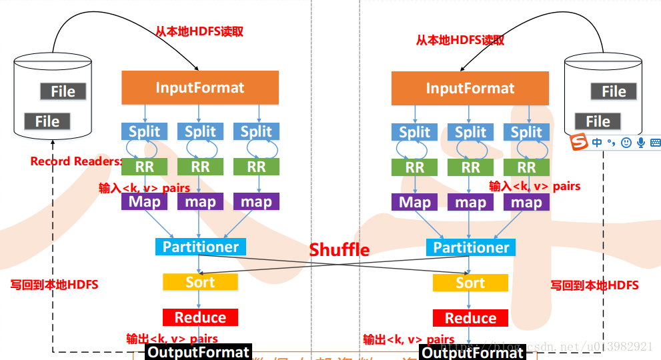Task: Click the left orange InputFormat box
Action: point(200,87)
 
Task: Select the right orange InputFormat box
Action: point(470,89)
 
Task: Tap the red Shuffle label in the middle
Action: point(339,250)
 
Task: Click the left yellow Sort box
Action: point(200,282)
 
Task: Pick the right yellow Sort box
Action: point(470,283)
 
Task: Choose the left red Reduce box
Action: point(200,317)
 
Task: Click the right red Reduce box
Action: point(470,318)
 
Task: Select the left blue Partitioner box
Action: point(200,247)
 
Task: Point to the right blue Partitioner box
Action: point(471,247)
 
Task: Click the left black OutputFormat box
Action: point(198,352)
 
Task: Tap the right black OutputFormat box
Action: point(473,353)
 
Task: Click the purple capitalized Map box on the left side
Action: point(144,201)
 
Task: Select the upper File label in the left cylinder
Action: point(63,91)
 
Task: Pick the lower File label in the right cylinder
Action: point(598,121)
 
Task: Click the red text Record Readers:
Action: point(76,161)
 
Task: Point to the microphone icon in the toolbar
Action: point(641,142)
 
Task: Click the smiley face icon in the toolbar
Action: point(626,142)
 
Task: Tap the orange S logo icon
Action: point(579,142)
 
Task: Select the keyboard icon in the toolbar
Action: point(655,142)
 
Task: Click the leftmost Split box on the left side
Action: point(144,131)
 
